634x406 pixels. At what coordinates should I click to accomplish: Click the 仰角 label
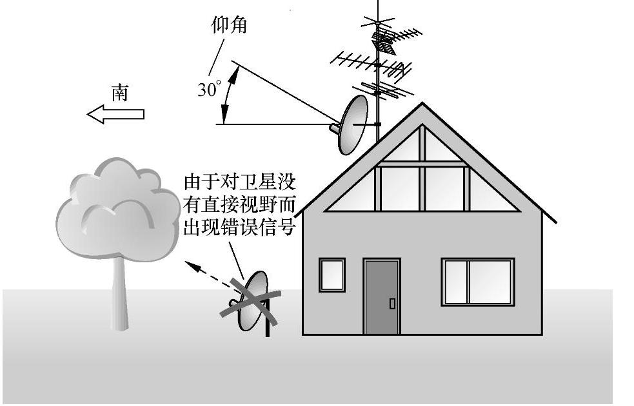[x=229, y=25]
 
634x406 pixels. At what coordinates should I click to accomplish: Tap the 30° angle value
[x=208, y=90]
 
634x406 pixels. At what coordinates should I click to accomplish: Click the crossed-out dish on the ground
[x=252, y=300]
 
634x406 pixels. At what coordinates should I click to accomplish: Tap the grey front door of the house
[x=382, y=296]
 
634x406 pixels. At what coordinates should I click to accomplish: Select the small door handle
[x=392, y=303]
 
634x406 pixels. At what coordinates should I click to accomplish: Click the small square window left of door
[x=332, y=274]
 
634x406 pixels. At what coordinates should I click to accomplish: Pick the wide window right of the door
[x=477, y=282]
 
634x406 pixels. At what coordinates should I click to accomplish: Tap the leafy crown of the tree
[x=116, y=206]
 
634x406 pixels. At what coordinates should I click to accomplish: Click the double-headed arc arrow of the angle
[x=228, y=93]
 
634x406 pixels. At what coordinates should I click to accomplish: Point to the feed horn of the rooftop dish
[x=335, y=128]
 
